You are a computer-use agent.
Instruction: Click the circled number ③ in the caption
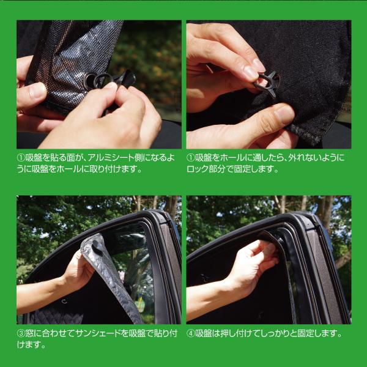21,333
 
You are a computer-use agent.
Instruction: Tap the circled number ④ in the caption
191,333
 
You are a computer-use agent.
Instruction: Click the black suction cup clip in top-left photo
105,80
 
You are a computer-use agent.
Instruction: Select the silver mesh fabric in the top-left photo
67,67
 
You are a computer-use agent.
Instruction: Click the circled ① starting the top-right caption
191,157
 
